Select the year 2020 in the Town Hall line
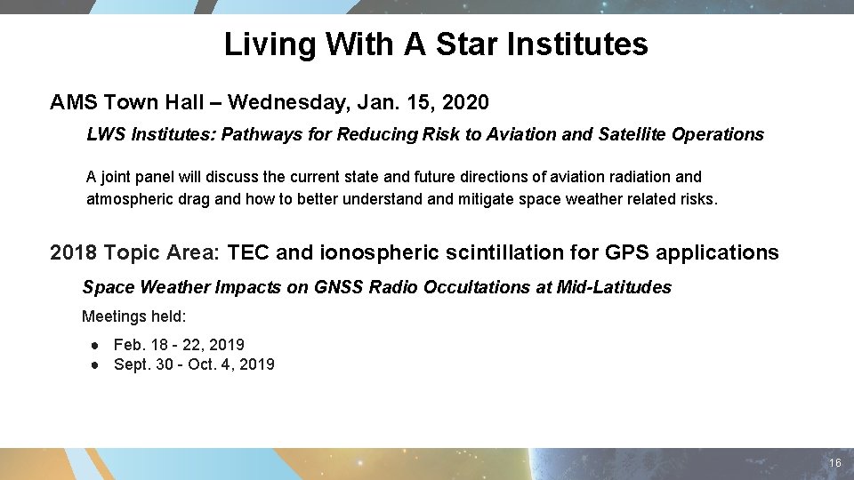pyautogui.click(x=464, y=103)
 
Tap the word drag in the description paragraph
pyautogui.click(x=195, y=199)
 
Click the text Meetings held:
pyautogui.click(x=134, y=316)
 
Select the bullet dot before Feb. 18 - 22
pyautogui.click(x=93, y=345)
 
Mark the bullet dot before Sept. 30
pyautogui.click(x=93, y=364)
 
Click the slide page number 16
pyautogui.click(x=834, y=464)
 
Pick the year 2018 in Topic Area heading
pyautogui.click(x=74, y=252)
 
